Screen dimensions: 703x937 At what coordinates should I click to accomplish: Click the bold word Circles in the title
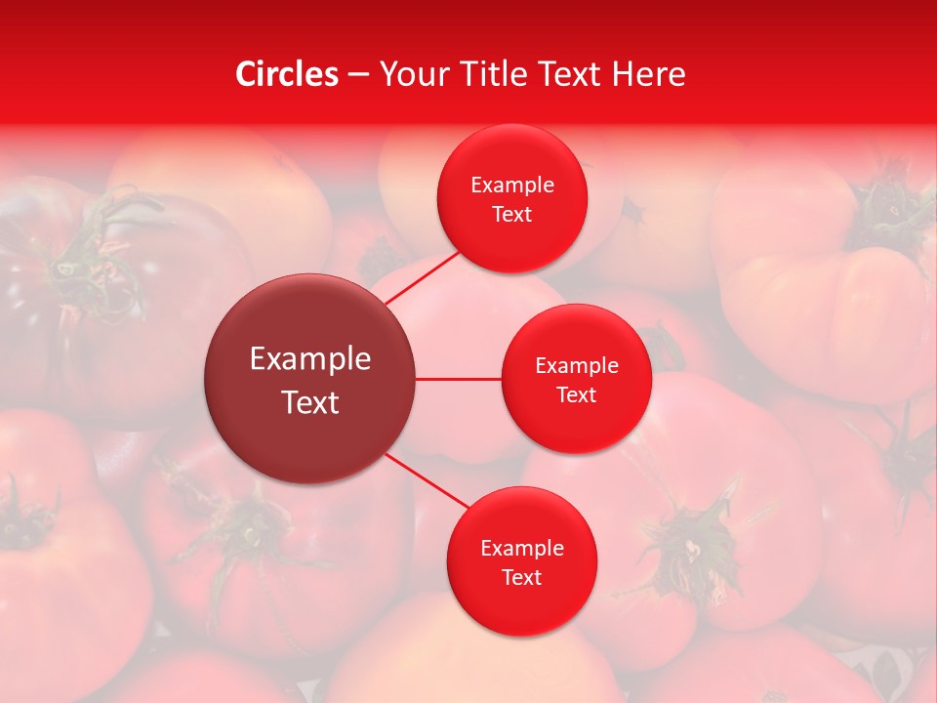click(287, 74)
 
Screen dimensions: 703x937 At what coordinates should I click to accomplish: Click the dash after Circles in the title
click(359, 75)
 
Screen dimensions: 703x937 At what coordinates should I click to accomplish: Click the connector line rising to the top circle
click(424, 277)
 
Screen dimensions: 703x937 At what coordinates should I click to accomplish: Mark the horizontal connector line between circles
click(458, 379)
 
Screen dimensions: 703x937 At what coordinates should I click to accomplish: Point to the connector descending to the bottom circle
click(427, 479)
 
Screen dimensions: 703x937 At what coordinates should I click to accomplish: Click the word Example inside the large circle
click(310, 359)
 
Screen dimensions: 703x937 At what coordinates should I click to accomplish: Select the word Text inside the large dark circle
click(310, 402)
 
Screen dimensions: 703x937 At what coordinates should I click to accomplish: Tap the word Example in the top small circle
click(512, 186)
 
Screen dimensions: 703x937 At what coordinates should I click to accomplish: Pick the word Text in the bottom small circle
click(522, 578)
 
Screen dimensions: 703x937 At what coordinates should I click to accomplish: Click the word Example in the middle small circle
click(576, 366)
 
